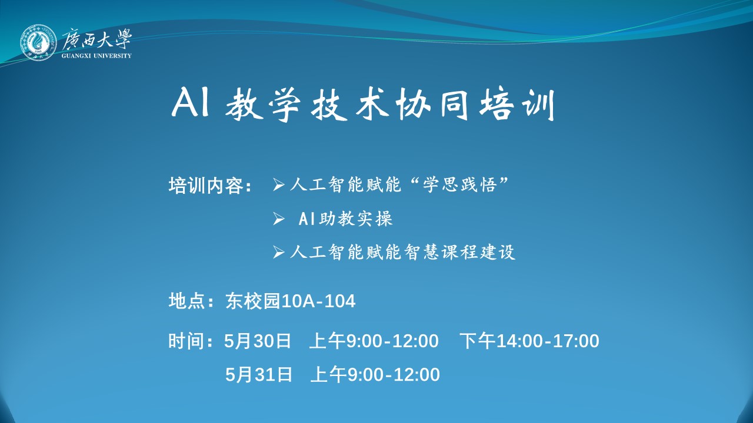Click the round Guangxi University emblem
click(x=38, y=42)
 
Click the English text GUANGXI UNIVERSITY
click(x=96, y=56)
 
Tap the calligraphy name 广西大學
click(x=97, y=39)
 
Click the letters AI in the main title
click(x=191, y=103)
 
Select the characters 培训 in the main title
click(x=517, y=104)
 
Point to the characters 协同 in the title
click(x=432, y=104)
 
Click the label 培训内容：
click(x=211, y=185)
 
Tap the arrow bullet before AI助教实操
click(x=278, y=219)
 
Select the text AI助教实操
click(x=345, y=219)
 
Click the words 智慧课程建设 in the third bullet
click(x=460, y=252)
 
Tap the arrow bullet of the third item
click(x=278, y=252)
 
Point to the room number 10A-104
click(x=318, y=301)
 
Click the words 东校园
click(x=253, y=301)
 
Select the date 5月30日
click(x=258, y=341)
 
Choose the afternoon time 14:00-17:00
click(x=548, y=341)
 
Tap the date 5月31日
click(x=258, y=374)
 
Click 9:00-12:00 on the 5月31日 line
click(x=394, y=375)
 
